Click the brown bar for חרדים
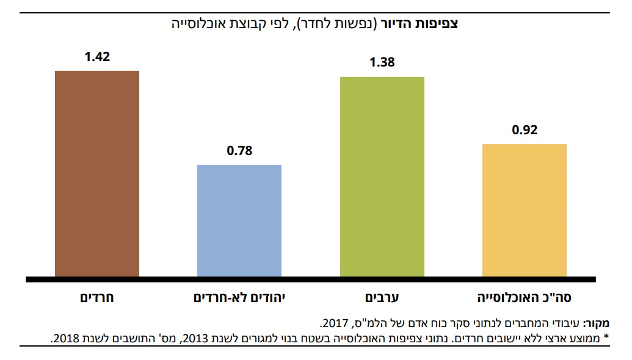(97, 174)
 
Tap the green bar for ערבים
(382, 177)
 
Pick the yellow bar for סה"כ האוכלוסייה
(525, 211)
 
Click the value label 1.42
(97, 58)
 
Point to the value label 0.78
(239, 151)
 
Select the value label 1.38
(382, 62)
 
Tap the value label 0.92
(525, 130)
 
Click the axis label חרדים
(98, 298)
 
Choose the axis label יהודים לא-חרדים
(239, 298)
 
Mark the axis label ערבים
(382, 298)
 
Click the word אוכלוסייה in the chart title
(200, 24)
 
